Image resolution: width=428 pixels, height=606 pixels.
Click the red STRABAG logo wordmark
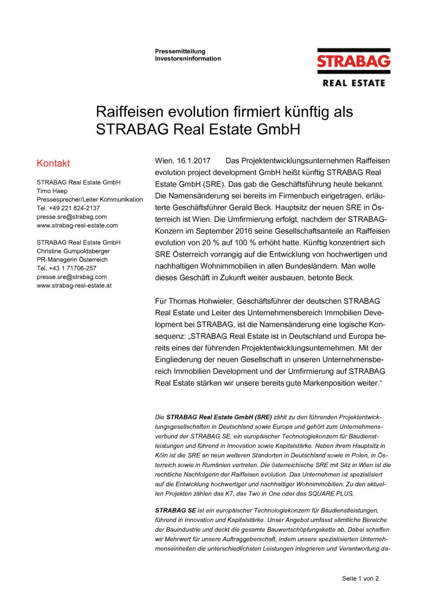[x=354, y=61]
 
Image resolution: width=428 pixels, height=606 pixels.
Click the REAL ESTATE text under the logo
[x=354, y=83]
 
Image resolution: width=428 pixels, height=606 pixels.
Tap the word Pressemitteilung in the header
[x=180, y=51]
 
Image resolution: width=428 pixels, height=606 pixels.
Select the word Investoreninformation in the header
[x=188, y=58]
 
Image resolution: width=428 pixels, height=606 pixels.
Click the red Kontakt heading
[x=53, y=163]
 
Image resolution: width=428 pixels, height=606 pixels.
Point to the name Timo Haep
[x=52, y=191]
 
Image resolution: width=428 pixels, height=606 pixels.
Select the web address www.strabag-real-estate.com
[x=77, y=226]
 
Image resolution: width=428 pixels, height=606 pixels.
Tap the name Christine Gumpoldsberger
[x=73, y=251]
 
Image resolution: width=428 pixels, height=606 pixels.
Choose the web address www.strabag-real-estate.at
[x=74, y=286]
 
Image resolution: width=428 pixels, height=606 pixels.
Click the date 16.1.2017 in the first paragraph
[x=193, y=161]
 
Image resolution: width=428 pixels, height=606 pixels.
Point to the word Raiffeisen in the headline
[x=129, y=112]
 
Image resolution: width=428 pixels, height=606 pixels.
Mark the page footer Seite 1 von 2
[x=360, y=579]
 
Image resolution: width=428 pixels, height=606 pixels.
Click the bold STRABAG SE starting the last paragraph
[x=175, y=510]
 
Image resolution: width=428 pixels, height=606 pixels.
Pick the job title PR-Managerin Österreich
[x=72, y=260]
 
